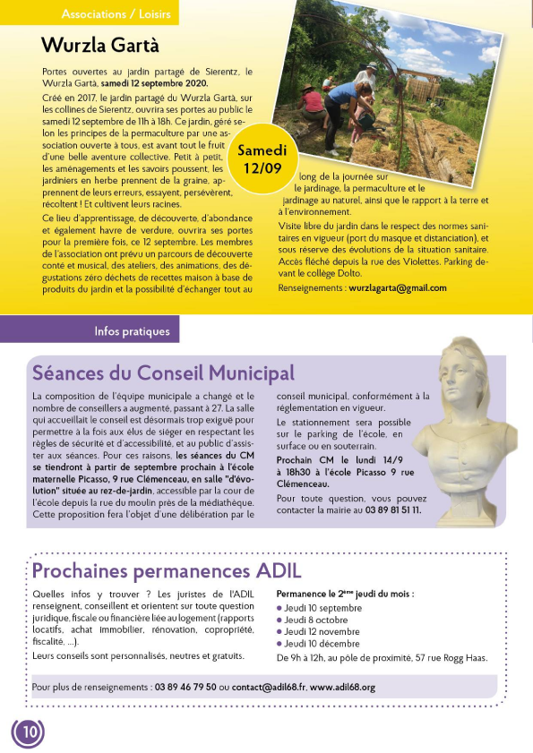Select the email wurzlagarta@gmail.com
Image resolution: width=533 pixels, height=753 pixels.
click(398, 288)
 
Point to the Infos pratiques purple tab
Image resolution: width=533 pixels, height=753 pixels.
click(132, 332)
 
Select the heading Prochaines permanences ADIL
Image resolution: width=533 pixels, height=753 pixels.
click(167, 570)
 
